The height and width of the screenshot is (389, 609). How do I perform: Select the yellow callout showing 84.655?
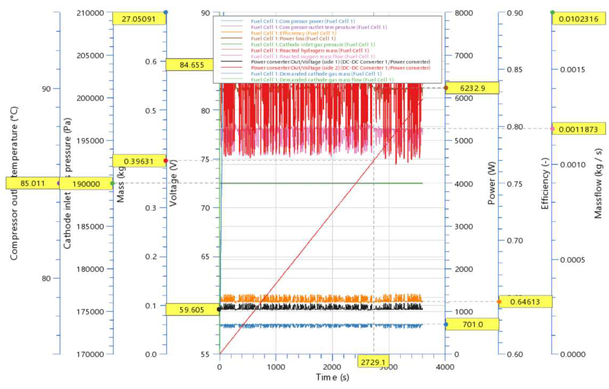pyautogui.click(x=192, y=65)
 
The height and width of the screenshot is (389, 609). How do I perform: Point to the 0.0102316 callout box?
pyautogui.click(x=579, y=19)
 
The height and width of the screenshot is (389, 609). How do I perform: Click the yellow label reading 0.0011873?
pyautogui.click(x=579, y=129)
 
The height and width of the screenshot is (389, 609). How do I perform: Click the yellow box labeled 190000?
pyautogui.click(x=86, y=184)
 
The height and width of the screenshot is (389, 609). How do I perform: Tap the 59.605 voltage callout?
pyautogui.click(x=192, y=309)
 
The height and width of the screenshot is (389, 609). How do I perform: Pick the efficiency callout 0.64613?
pyautogui.click(x=525, y=302)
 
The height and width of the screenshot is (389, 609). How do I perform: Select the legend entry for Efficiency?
pyautogui.click(x=294, y=33)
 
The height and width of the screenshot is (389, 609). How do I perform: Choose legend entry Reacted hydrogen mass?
pyautogui.click(x=310, y=51)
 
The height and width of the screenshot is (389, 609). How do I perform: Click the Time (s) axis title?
pyautogui.click(x=332, y=377)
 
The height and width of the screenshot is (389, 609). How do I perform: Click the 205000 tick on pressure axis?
pyautogui.click(x=90, y=55)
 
